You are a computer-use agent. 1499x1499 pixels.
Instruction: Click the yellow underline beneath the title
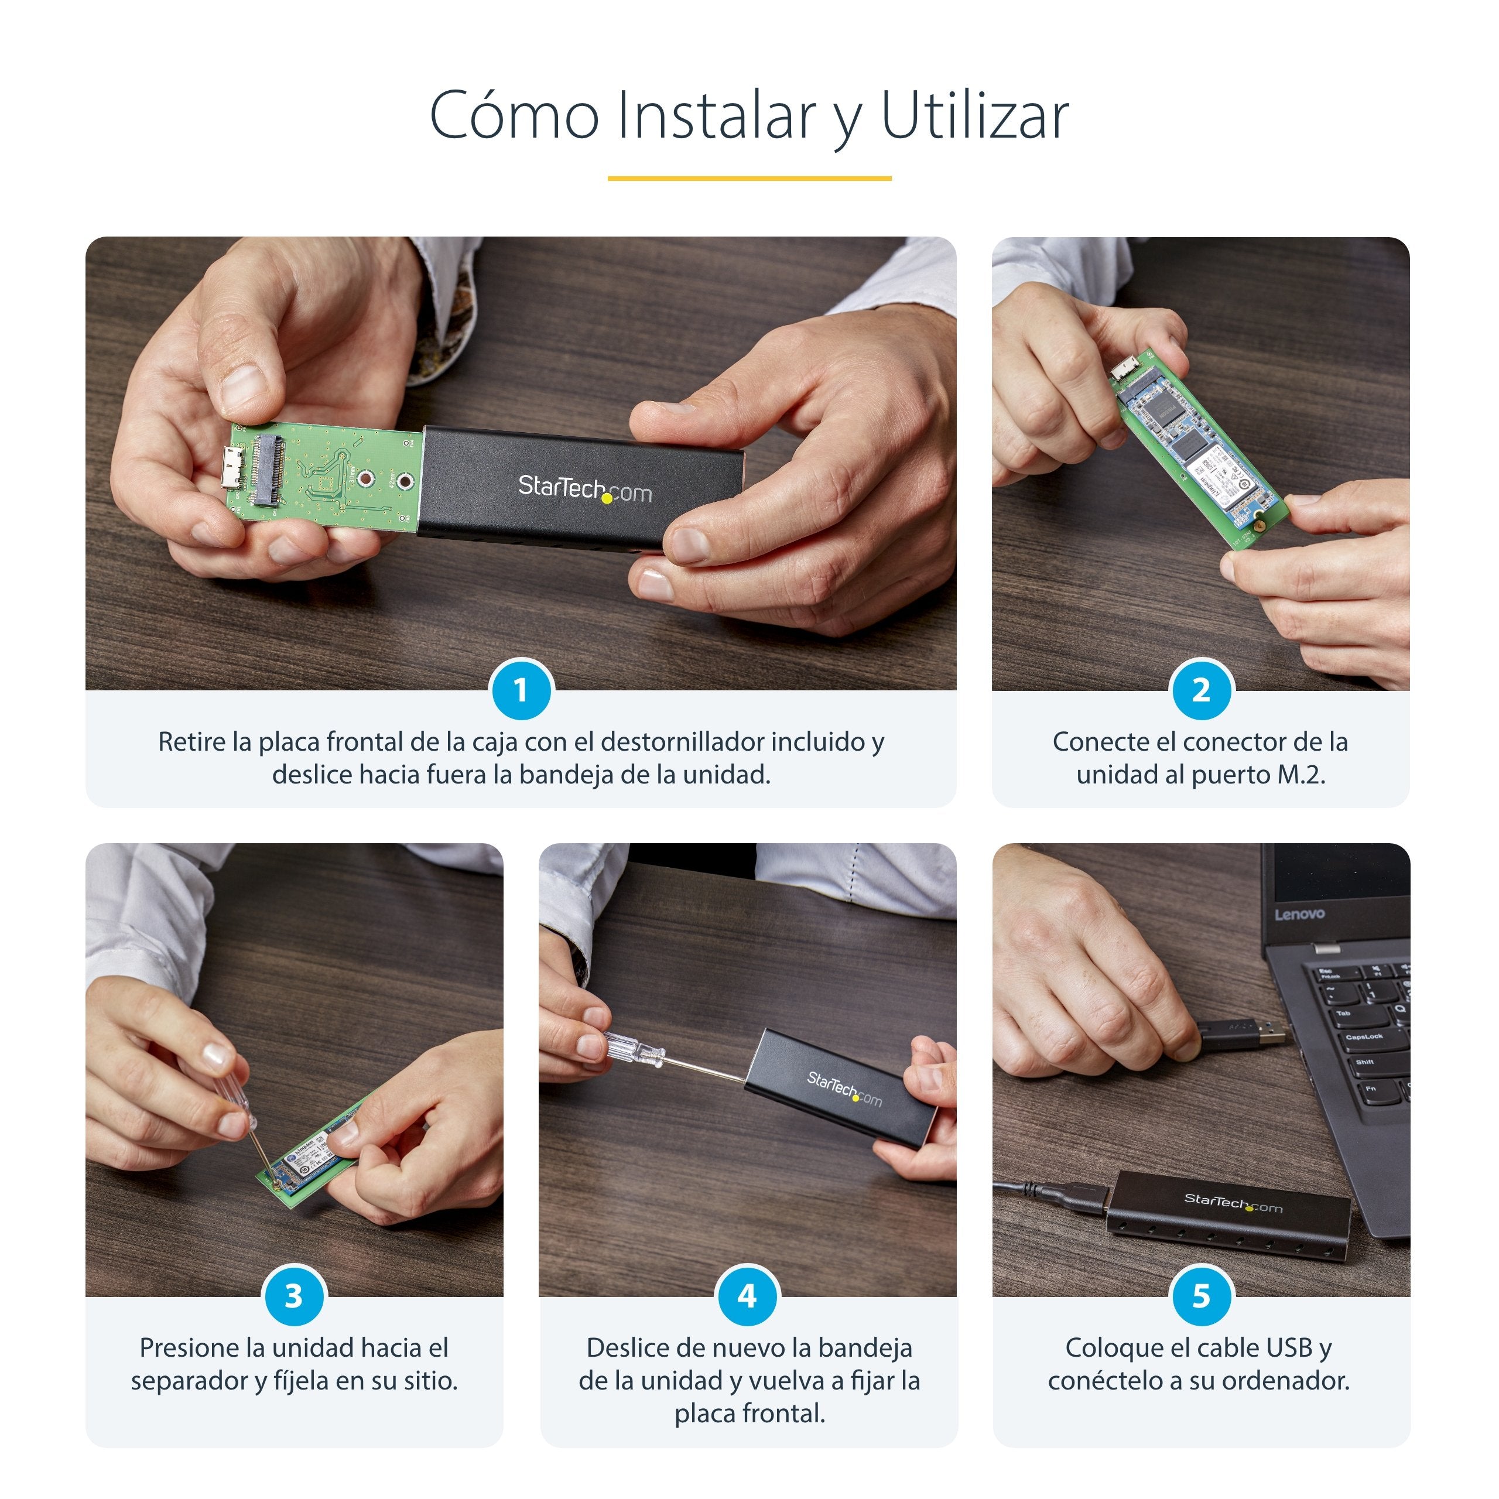tap(749, 179)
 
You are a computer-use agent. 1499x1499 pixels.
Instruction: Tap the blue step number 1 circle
tap(521, 690)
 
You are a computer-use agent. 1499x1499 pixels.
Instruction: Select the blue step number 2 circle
tap(1200, 690)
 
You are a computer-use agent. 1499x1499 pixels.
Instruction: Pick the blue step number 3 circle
tap(293, 1296)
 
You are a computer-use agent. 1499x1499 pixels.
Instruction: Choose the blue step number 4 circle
tap(747, 1296)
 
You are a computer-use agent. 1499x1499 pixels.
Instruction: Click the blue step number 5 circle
tap(1200, 1296)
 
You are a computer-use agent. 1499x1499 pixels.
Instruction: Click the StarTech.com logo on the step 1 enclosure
tap(584, 489)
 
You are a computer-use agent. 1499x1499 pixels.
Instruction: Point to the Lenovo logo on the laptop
tap(1299, 914)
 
